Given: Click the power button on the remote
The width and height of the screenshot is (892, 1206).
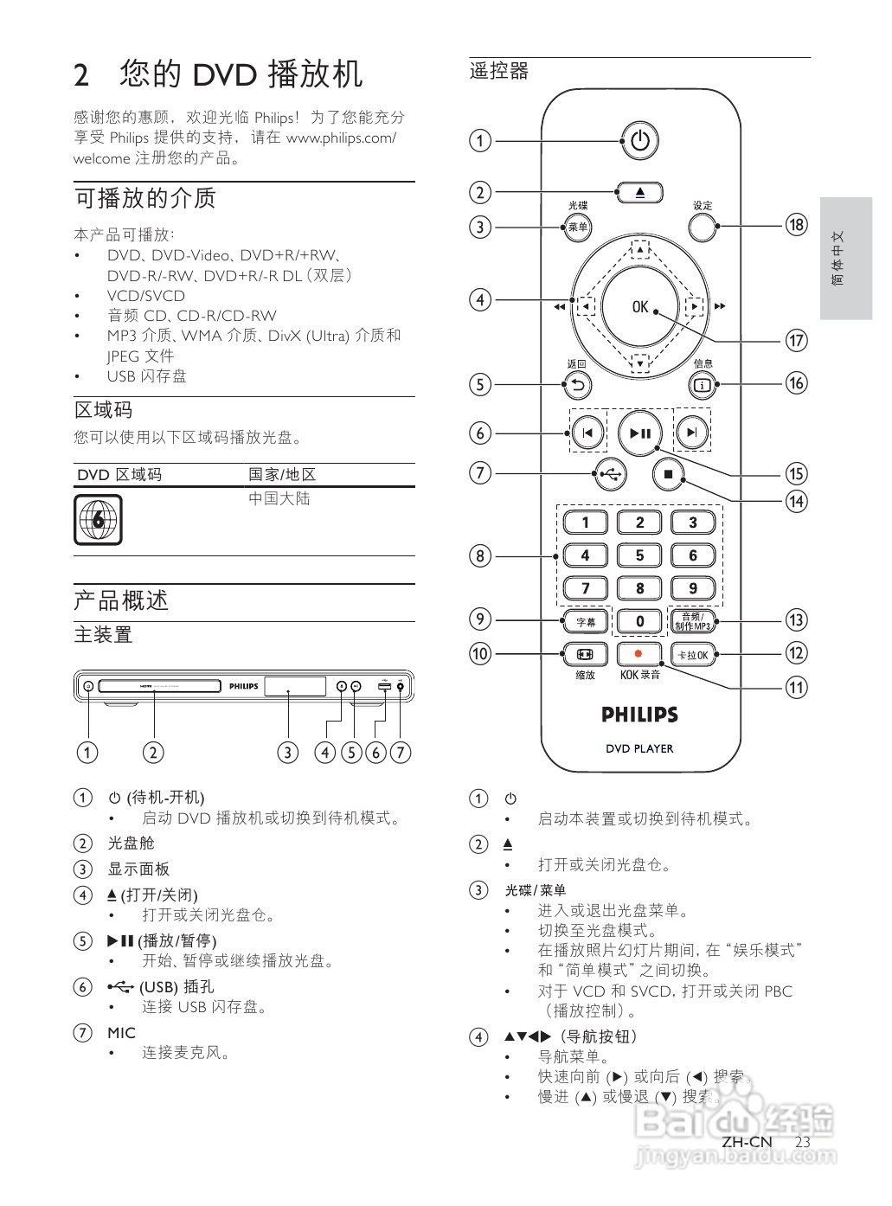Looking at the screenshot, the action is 639,140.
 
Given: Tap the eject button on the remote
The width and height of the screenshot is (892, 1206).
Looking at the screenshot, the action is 639,192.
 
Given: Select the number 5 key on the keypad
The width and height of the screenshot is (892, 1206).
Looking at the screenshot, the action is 639,555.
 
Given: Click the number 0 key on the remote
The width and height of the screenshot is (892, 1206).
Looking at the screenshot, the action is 639,621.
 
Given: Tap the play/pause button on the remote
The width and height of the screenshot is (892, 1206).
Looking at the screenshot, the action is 639,433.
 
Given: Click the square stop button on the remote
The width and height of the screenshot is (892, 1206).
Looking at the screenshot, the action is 668,473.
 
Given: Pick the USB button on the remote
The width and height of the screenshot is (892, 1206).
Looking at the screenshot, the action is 611,473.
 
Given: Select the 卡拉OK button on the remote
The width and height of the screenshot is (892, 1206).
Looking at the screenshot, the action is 693,654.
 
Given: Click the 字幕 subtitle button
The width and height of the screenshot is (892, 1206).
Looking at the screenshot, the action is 586,621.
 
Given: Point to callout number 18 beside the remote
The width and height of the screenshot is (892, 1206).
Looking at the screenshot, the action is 796,225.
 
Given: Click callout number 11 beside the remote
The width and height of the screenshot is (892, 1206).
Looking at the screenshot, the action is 796,688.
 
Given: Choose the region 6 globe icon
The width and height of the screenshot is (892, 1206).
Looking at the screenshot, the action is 98,520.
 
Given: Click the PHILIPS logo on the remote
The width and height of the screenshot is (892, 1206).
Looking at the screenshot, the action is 639,715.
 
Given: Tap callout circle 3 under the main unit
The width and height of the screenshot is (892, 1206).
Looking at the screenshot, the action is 288,752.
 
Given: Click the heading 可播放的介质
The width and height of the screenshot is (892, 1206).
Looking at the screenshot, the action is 144,198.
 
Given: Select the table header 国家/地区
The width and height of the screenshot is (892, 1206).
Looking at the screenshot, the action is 282,475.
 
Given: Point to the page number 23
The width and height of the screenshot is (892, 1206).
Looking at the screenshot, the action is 802,1142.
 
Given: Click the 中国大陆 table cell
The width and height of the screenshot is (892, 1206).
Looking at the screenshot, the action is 279,499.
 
